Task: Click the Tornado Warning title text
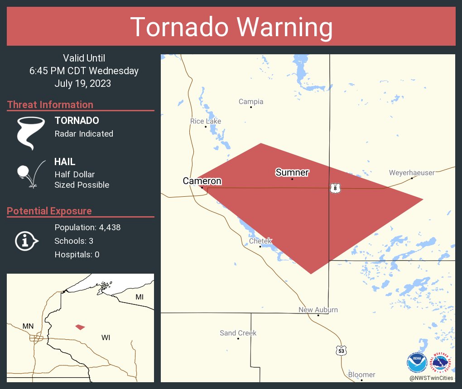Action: pos(231,27)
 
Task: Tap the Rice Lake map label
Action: pos(206,121)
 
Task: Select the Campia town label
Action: pos(251,102)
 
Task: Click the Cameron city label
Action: pos(202,181)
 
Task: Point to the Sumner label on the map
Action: pos(292,172)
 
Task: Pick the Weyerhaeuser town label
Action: pos(412,172)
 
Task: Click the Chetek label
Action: pos(260,241)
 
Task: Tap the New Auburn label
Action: pos(318,310)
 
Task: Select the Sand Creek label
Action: pos(238,333)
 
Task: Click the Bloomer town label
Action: pos(361,375)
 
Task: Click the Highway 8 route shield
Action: pos(335,188)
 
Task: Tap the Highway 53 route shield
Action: pos(341,350)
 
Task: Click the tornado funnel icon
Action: pos(31,133)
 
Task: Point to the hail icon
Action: pos(30,173)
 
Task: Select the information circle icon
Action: pos(27,241)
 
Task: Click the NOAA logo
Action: pos(417,363)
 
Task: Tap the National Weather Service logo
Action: pos(442,363)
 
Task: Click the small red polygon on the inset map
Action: pos(80,327)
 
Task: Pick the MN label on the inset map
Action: pos(28,326)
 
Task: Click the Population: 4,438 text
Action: pos(87,228)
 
